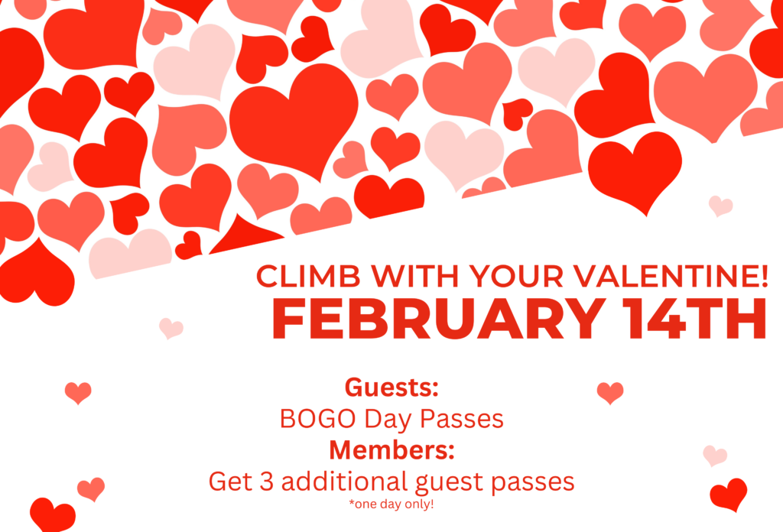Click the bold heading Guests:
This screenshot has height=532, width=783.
pos(391,388)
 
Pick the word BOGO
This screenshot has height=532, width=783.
pos(317,419)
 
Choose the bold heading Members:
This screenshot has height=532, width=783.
pos(392,450)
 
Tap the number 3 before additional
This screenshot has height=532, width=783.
pos(267,482)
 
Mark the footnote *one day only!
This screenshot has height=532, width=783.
pos(391,504)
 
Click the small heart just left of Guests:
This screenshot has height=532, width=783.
pos(79,393)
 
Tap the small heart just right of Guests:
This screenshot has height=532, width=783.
pos(610,393)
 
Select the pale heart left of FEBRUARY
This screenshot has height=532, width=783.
pos(171,329)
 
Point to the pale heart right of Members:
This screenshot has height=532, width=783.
pos(715,456)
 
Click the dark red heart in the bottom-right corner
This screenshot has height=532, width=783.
pos(729,495)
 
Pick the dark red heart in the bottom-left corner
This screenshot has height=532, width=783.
pos(53,515)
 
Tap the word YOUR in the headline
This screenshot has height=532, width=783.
pos(516,276)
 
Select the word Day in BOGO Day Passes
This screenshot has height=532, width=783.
pos(387,420)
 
